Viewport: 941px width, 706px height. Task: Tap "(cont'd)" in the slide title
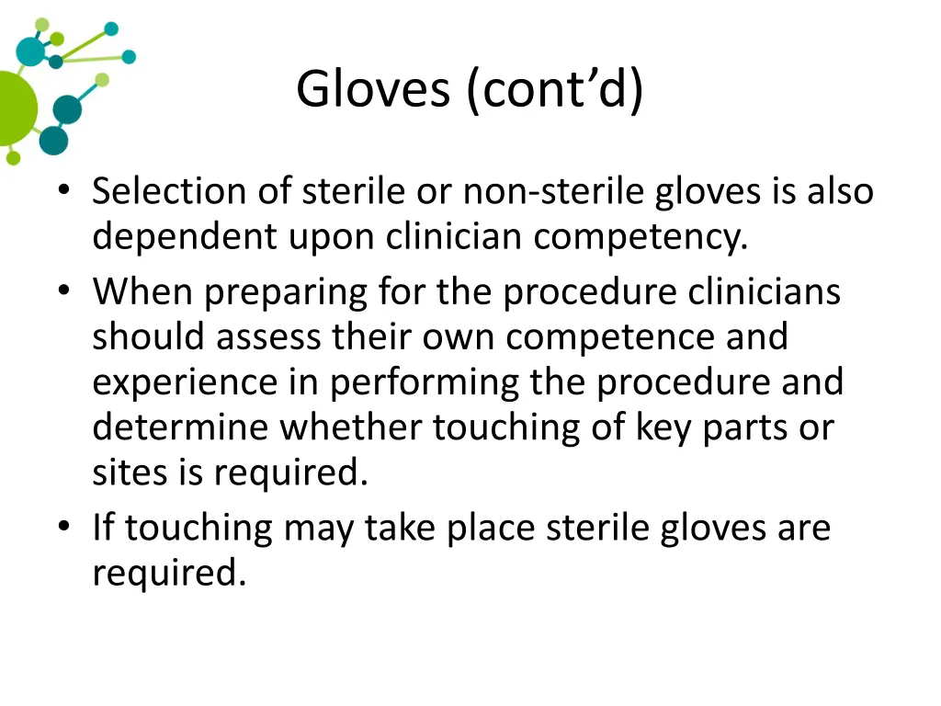point(554,90)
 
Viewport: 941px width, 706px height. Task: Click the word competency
point(641,237)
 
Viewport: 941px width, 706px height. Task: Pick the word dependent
point(185,237)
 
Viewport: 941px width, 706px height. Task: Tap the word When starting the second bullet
point(142,292)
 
